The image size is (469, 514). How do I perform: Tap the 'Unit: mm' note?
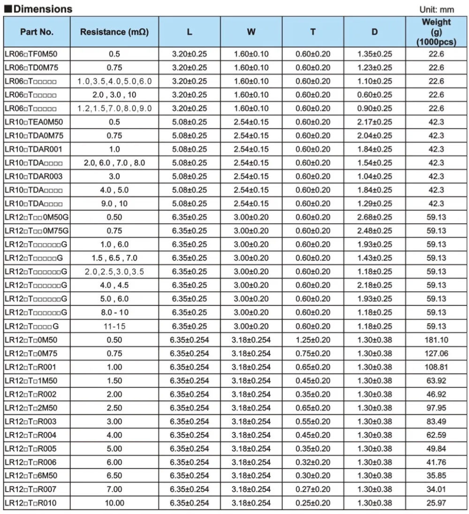coord(437,10)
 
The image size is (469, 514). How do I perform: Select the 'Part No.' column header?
coord(37,32)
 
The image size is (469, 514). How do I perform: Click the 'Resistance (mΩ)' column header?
coord(114,32)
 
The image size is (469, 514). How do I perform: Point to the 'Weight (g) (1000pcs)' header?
coord(436,32)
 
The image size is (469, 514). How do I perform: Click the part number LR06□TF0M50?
coord(31,54)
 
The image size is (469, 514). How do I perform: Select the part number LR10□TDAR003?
coord(33,176)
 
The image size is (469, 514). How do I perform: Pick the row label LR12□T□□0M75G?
coord(37,231)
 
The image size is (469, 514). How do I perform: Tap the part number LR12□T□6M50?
coord(30,476)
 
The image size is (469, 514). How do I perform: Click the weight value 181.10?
coord(436,340)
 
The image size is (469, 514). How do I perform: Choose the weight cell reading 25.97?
coord(436,503)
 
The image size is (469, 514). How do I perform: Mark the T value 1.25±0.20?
coord(313,340)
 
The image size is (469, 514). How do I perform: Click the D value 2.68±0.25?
coord(375,217)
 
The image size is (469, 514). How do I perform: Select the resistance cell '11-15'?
coord(114,326)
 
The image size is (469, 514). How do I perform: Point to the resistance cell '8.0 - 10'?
coord(114,312)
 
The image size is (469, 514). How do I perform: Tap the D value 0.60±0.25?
coord(375,95)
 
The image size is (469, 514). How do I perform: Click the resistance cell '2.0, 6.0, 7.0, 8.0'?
coord(114,163)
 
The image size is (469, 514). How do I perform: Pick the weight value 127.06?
coord(436,353)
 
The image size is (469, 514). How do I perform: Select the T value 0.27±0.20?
coord(313,489)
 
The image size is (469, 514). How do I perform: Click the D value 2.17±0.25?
coord(375,122)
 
